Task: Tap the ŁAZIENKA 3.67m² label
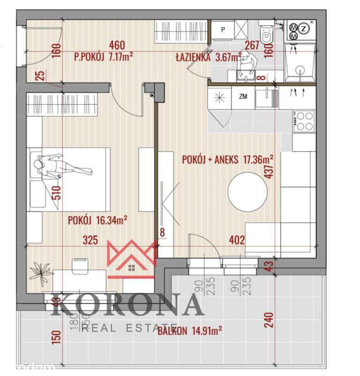click(x=208, y=58)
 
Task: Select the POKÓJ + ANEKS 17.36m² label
click(x=228, y=159)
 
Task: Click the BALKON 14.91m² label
click(x=189, y=331)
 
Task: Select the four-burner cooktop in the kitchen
click(x=304, y=120)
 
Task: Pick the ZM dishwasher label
click(x=243, y=97)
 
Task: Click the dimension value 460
click(x=116, y=45)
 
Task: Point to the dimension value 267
click(x=252, y=45)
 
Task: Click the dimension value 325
click(x=90, y=241)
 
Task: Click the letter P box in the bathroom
click(x=223, y=29)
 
